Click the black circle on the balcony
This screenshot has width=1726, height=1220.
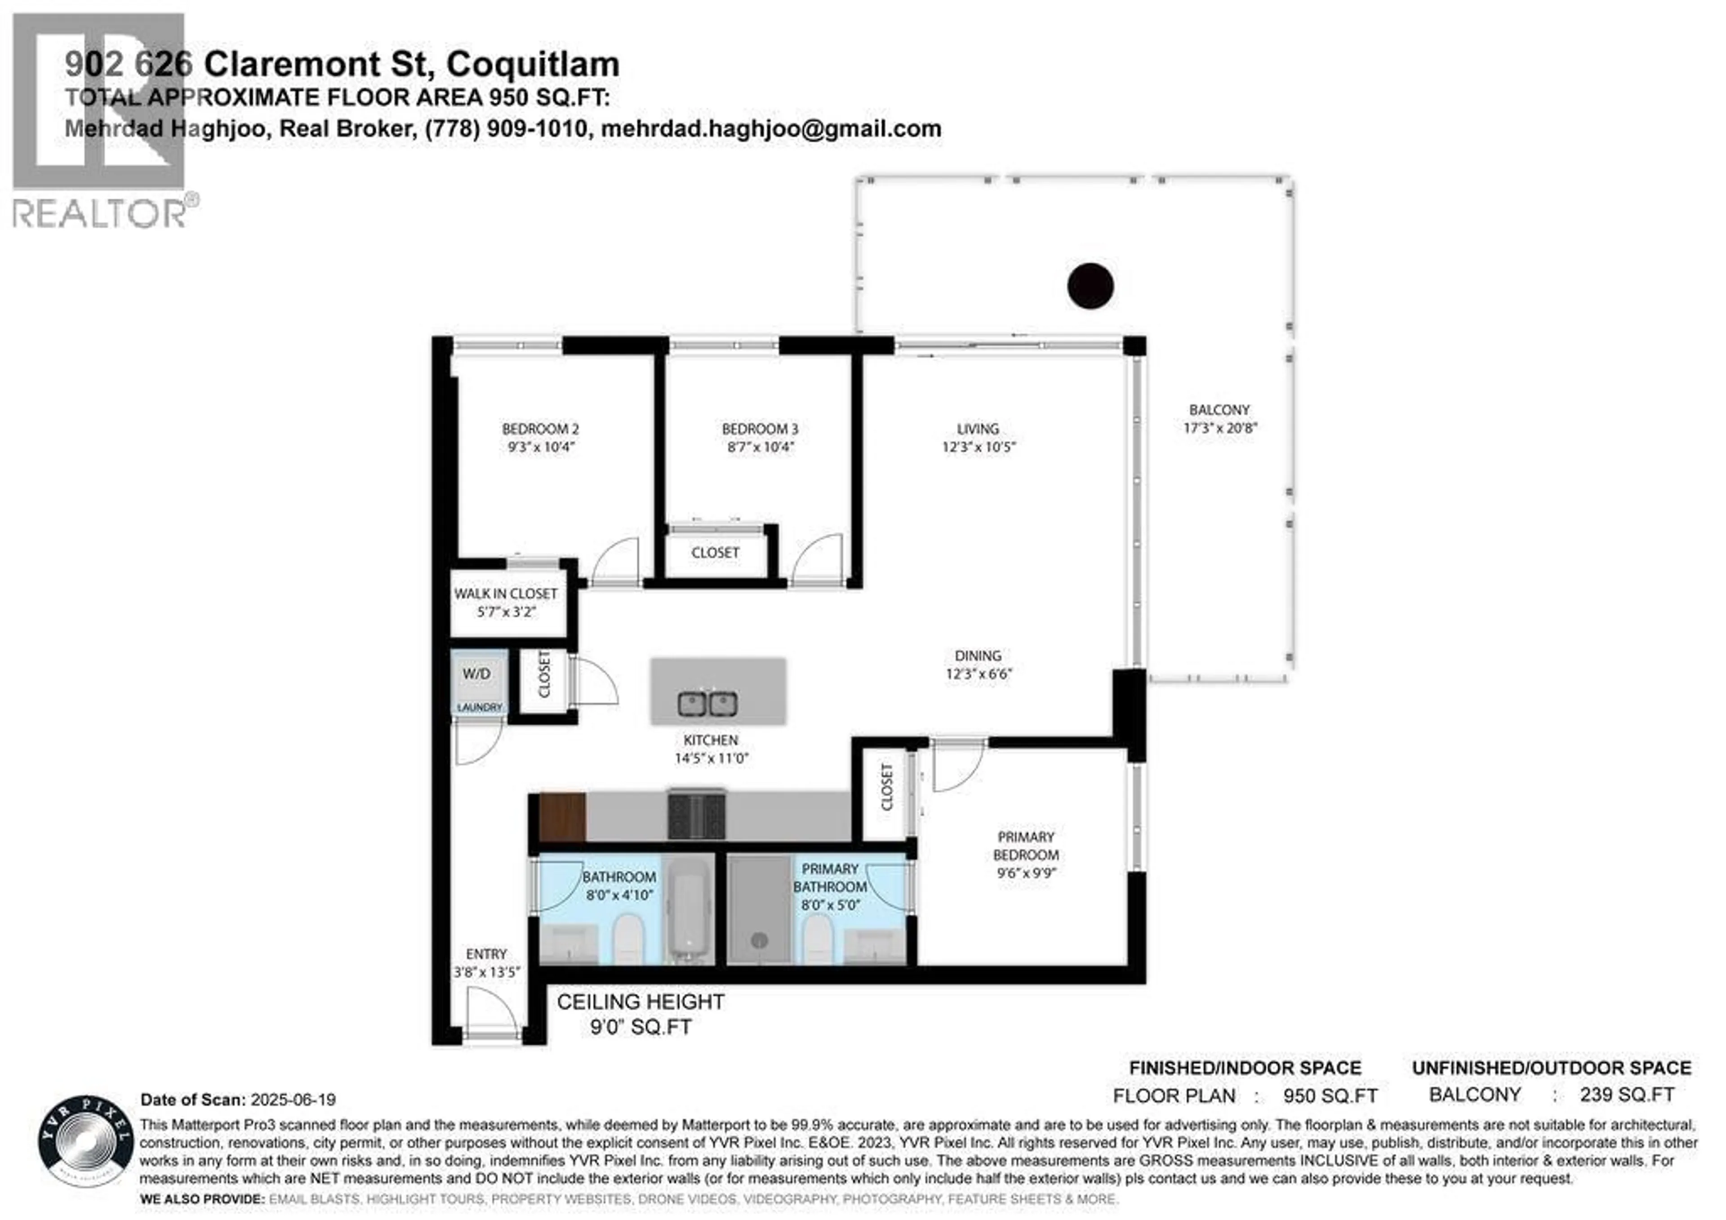pos(1090,286)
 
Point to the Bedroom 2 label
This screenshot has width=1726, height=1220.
pos(541,429)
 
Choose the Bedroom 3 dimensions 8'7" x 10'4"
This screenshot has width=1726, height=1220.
pos(760,447)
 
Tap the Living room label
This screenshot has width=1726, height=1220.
pos(978,429)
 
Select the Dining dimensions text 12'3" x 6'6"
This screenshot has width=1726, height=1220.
pos(979,674)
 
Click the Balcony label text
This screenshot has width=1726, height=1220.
pos(1219,410)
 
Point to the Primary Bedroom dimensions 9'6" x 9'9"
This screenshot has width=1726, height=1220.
pos(1026,874)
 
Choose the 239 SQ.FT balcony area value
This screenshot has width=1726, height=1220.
pos(1627,1095)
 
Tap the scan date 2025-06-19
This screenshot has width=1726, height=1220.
pos(293,1100)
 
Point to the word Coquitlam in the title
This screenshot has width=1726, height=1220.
pos(533,65)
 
